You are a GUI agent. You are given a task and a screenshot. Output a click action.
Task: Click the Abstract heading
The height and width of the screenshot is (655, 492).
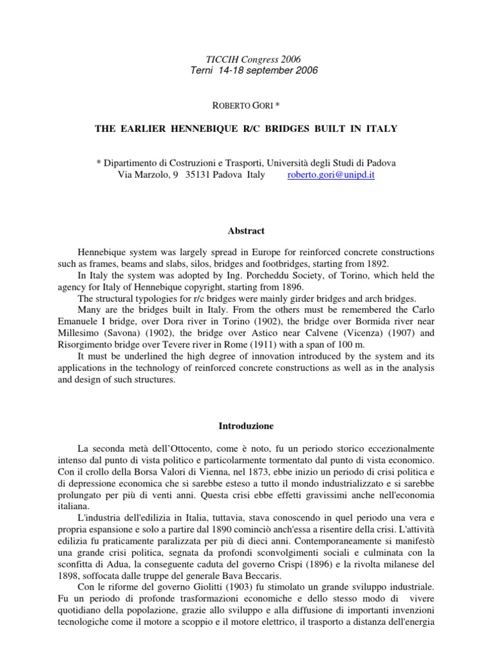click(246, 231)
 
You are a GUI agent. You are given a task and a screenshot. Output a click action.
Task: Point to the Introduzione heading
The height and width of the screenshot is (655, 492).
click(245, 425)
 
